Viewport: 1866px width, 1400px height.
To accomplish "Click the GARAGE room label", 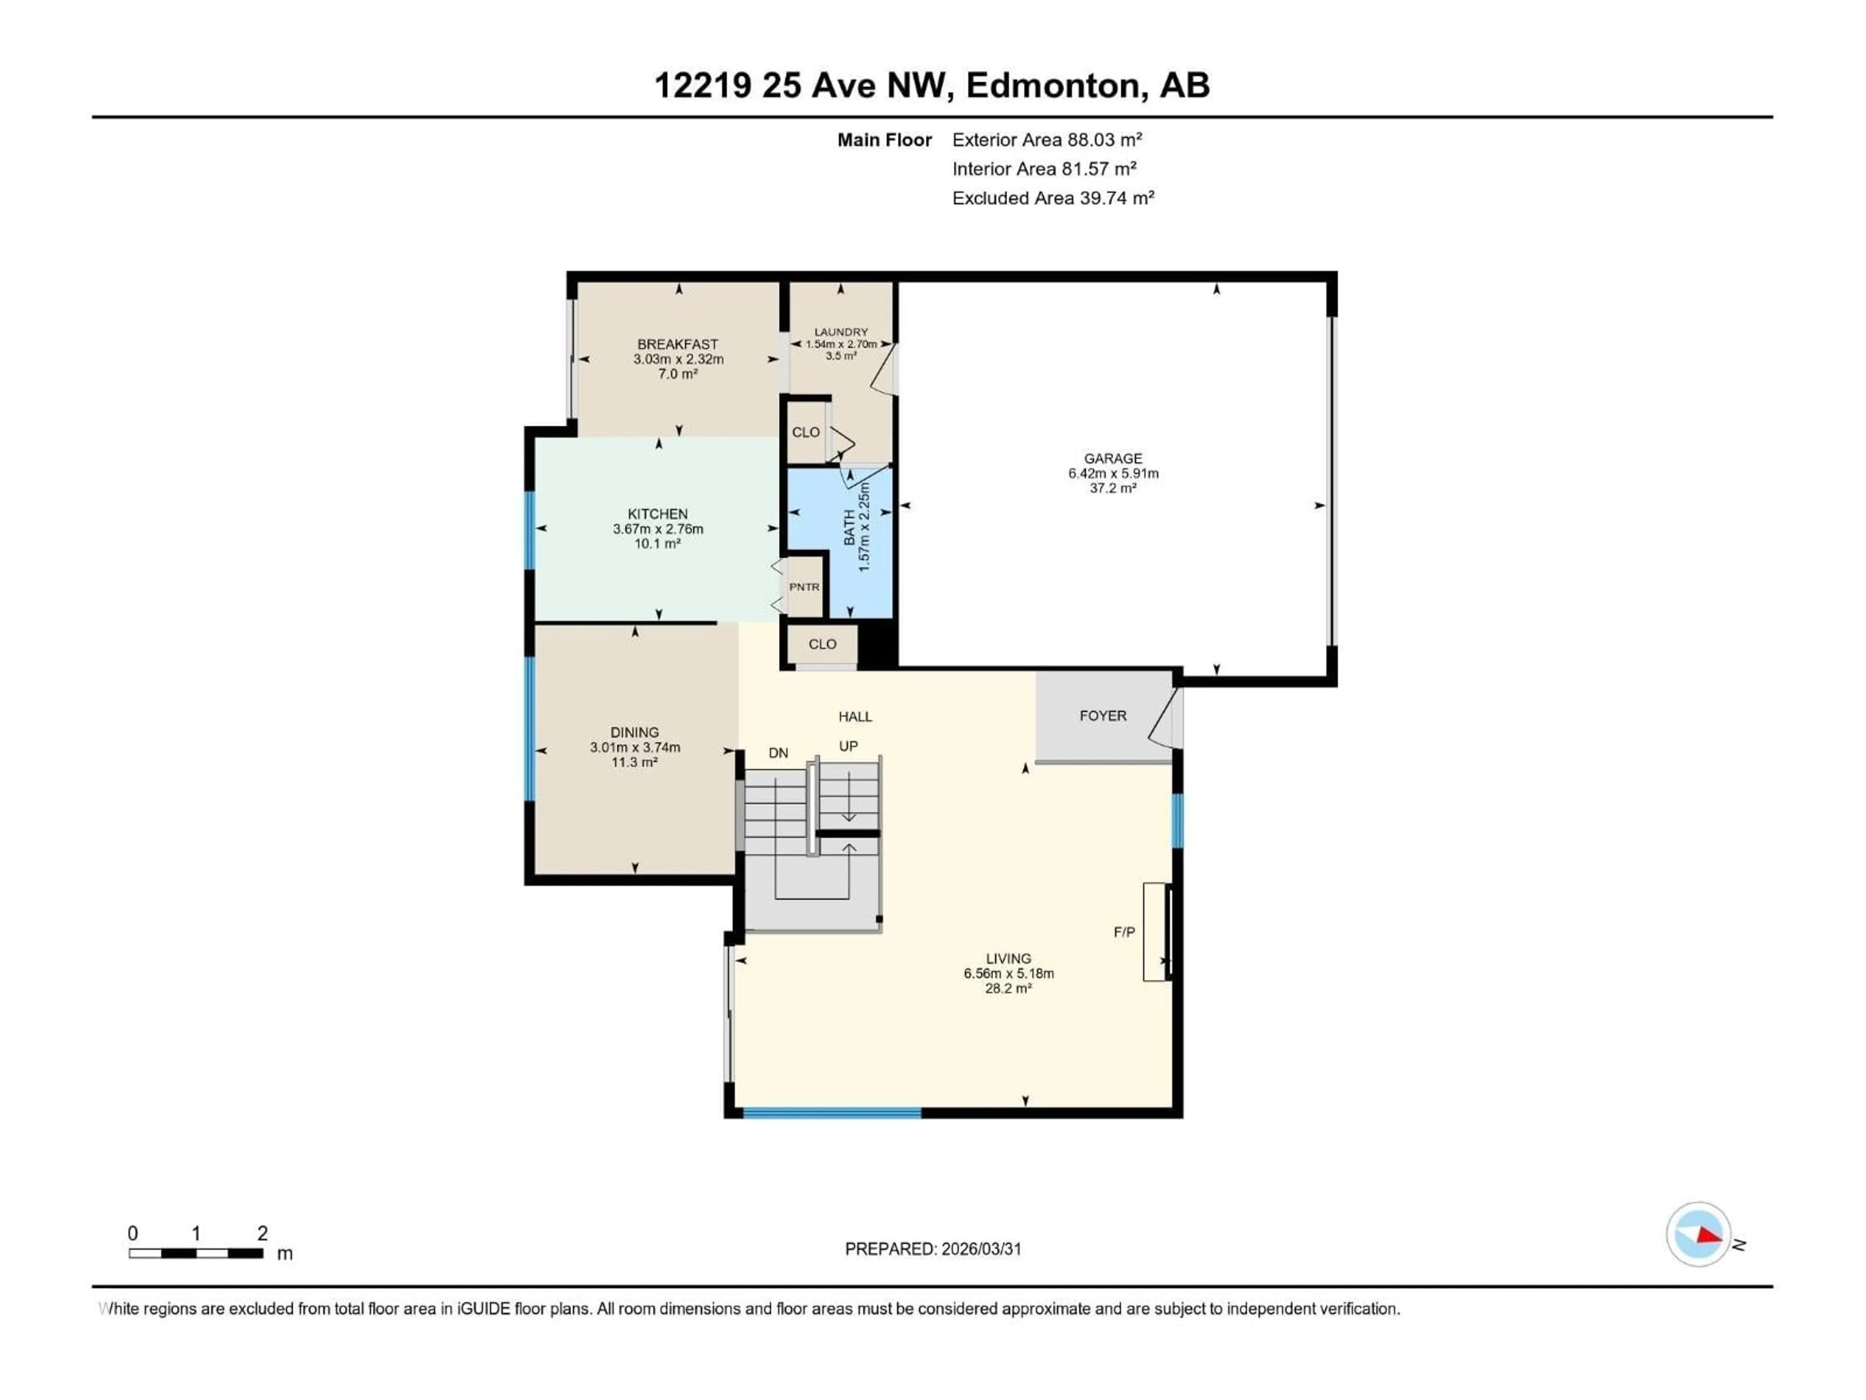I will coord(1113,458).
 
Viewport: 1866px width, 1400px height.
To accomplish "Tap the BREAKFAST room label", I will coord(677,344).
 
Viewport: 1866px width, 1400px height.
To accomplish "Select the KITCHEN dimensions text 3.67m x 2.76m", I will coord(658,529).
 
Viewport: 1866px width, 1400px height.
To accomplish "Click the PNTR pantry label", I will coord(804,587).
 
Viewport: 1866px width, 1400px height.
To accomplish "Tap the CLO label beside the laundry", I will coord(806,432).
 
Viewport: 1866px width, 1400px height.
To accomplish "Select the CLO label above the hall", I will coord(823,644).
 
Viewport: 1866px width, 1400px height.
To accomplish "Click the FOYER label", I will coord(1103,716).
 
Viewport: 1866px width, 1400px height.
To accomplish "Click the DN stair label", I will coord(778,752).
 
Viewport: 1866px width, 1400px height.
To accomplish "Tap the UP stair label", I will coord(848,746).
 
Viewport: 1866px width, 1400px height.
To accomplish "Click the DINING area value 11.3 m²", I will coord(634,762).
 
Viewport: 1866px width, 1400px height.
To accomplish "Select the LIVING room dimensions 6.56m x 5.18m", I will coord(1009,973).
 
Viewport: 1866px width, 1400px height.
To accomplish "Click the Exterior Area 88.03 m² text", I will coord(1047,140).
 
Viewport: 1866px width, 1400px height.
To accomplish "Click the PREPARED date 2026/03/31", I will coord(980,1249).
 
